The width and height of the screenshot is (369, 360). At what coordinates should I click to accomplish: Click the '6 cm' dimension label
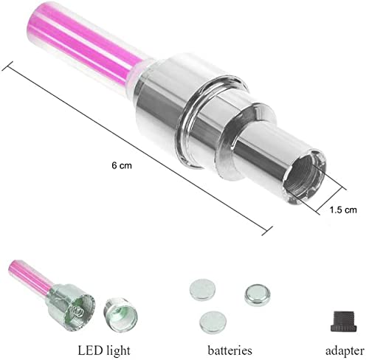pyautogui.click(x=122, y=165)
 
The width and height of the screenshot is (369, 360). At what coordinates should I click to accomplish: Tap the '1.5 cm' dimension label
pyautogui.click(x=343, y=210)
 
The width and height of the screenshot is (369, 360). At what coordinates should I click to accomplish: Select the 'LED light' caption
pyautogui.click(x=104, y=350)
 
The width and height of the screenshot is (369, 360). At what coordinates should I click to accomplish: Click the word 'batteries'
pyautogui.click(x=230, y=350)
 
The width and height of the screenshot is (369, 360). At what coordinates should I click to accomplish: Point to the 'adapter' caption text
pyautogui.click(x=345, y=351)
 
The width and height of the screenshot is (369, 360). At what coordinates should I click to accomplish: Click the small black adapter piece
pyautogui.click(x=343, y=321)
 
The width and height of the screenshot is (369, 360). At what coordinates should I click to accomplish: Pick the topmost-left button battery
pyautogui.click(x=202, y=289)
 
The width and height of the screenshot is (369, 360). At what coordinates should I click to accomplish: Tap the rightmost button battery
pyautogui.click(x=258, y=294)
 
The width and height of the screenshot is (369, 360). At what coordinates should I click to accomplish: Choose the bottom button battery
pyautogui.click(x=213, y=322)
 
